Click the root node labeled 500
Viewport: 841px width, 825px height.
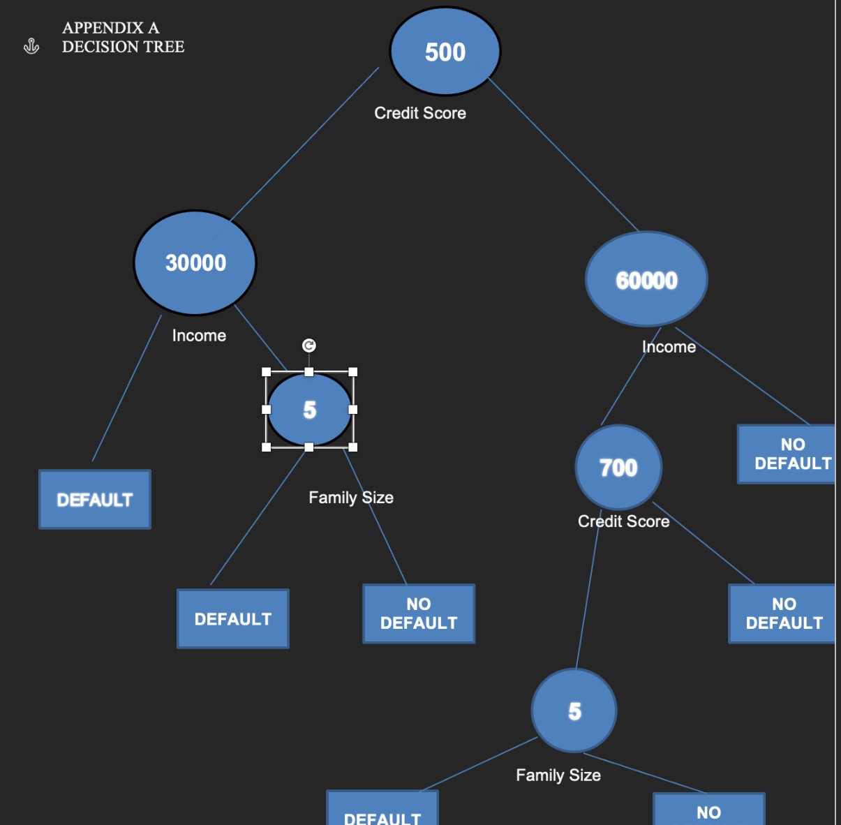pos(445,52)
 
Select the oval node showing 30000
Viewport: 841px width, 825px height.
pos(195,262)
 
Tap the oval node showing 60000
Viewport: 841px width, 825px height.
pos(646,279)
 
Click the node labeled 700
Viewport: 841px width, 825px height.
pos(618,467)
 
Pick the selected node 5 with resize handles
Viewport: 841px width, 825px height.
pos(309,410)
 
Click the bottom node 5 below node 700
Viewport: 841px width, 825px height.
pos(574,711)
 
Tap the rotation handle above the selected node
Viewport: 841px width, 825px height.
pos(308,345)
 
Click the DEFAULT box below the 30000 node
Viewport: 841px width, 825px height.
pos(95,500)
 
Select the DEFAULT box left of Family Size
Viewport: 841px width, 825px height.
pos(233,619)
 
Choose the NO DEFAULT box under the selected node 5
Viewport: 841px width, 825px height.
pos(419,614)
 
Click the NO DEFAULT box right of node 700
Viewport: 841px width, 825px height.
pos(783,614)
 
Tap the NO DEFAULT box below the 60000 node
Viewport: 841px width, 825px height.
pos(789,454)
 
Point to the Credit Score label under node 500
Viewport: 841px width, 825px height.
pos(420,113)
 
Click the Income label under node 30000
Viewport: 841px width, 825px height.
pos(199,336)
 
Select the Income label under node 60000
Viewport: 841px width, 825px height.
pos(669,347)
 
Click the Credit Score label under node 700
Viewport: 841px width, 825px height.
pos(623,521)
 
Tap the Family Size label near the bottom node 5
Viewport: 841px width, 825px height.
pos(558,775)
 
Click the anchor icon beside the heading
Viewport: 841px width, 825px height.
pos(31,47)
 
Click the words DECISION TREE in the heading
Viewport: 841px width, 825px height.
pos(123,47)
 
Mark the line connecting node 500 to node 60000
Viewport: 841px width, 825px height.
pos(563,154)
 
